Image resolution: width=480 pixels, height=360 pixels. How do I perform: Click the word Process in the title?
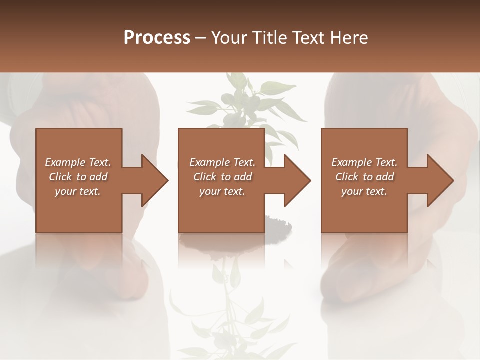pos(157,37)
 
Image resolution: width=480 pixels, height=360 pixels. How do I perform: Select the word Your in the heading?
pos(227,37)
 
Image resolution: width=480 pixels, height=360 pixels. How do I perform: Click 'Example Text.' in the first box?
pos(78,162)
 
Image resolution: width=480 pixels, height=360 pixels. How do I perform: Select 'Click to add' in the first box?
pos(78,177)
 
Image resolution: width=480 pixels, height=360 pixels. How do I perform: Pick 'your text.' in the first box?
pos(78,191)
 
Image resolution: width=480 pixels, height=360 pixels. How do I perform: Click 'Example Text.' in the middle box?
pos(222,162)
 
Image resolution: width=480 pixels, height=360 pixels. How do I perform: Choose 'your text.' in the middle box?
pos(222,191)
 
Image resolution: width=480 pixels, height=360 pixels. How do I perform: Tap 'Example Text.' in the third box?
pos(364,162)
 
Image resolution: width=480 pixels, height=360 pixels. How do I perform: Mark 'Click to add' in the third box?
pos(364,177)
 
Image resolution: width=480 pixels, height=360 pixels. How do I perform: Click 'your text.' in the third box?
pos(364,191)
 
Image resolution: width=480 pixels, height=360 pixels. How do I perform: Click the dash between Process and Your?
pos(201,38)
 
